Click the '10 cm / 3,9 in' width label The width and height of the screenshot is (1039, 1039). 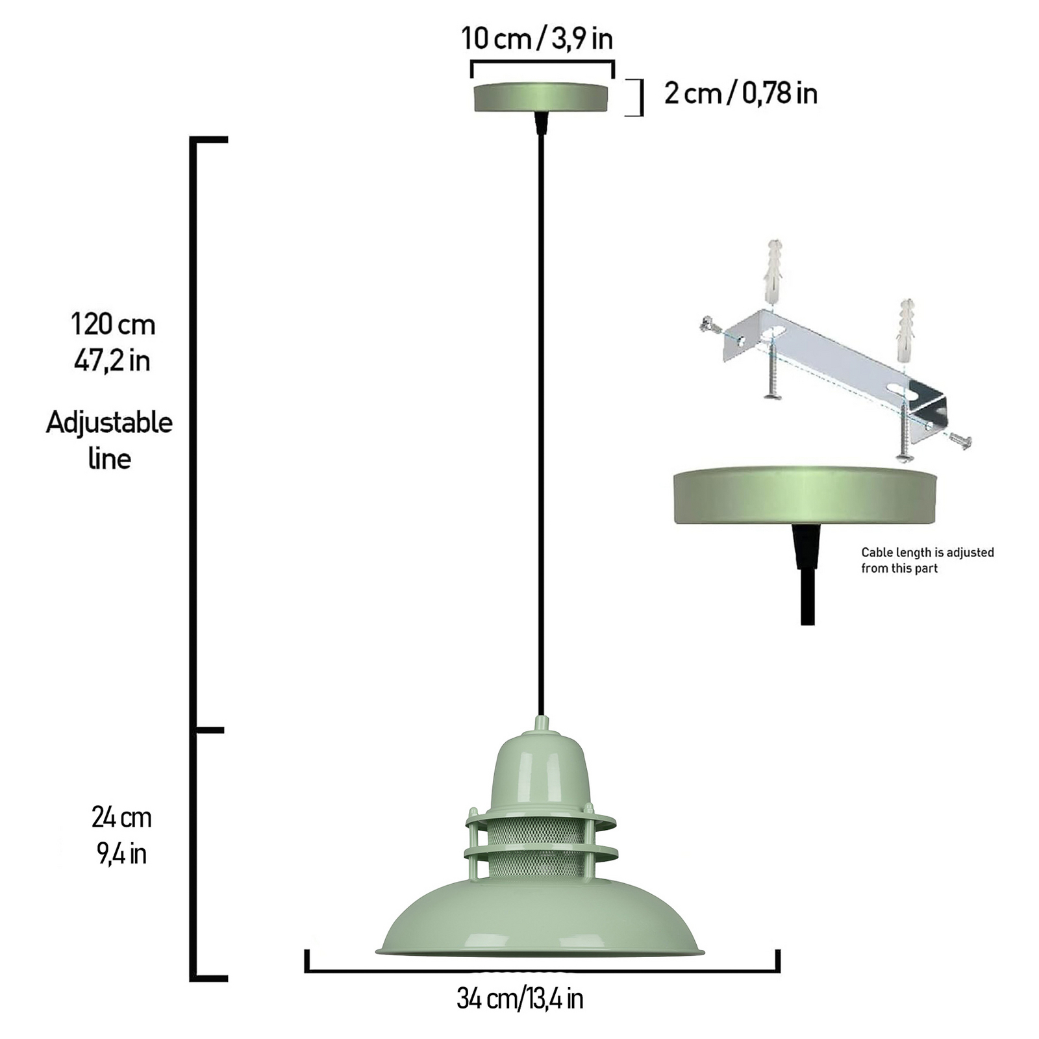pos(537,39)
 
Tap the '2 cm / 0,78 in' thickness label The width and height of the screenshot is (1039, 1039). pos(740,94)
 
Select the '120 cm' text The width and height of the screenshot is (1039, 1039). pos(113,324)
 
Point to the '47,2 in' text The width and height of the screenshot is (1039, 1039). pos(112,361)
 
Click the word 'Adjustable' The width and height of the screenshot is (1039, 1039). pos(109,423)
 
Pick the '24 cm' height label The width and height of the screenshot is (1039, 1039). pos(121,818)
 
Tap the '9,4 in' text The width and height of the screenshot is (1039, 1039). pos(121,854)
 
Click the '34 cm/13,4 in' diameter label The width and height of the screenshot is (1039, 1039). pos(519,999)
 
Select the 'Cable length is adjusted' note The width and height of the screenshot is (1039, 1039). pos(927,553)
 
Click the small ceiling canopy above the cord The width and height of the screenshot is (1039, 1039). pos(541,97)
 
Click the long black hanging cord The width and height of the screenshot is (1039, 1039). pos(541,422)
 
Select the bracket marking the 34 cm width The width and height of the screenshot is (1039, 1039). pos(542,971)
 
